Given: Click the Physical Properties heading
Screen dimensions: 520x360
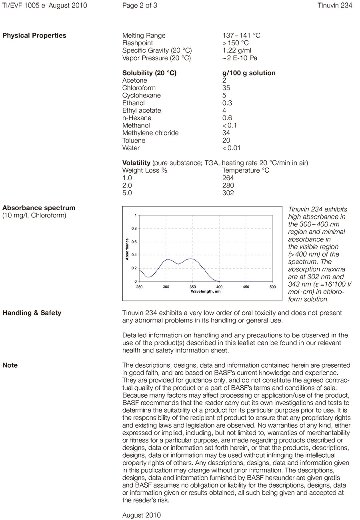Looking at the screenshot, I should (34, 36).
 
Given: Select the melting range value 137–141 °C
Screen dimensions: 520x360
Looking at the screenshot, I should (241, 36).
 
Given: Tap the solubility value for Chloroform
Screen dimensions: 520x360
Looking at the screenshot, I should (226, 88).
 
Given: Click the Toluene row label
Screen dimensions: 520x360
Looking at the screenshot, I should (134, 141).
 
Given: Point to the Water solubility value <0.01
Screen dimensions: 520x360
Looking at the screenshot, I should (232, 148).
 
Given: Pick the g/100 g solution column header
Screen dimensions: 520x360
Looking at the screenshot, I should (249, 73).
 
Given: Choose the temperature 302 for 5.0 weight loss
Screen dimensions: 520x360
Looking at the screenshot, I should (228, 193).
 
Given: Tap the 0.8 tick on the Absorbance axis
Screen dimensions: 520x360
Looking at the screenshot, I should (134, 229).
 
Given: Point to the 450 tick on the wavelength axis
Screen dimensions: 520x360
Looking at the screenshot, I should (246, 287).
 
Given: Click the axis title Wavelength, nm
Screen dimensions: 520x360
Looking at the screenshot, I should (206, 291).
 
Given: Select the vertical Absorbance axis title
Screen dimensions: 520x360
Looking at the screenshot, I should (127, 249).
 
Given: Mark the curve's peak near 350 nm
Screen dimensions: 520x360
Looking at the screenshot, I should (191, 259).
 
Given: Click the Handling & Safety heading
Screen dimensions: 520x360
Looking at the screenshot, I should (32, 313).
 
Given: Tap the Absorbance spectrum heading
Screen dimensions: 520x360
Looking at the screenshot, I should (39, 208).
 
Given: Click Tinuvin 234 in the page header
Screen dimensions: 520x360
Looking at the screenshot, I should (335, 6).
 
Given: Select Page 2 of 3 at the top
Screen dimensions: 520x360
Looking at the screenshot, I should (140, 6).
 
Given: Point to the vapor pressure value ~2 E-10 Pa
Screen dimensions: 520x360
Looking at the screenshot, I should (240, 58).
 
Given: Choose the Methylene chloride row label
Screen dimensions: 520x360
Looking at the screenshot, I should (150, 133).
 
